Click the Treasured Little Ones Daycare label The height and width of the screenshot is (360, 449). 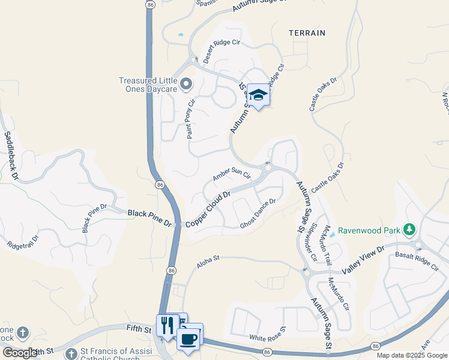pyautogui.click(x=147, y=85)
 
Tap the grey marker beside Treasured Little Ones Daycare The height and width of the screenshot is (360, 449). pyautogui.click(x=185, y=84)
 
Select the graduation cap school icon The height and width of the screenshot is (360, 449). pyautogui.click(x=258, y=95)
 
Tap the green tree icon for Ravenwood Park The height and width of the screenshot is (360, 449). pyautogui.click(x=409, y=229)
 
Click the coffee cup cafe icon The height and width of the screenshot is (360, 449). pyautogui.click(x=189, y=338)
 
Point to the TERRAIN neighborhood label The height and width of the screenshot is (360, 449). pyautogui.click(x=307, y=33)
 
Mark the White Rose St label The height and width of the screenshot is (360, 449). pyautogui.click(x=268, y=338)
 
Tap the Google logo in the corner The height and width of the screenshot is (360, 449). pyautogui.click(x=20, y=353)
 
